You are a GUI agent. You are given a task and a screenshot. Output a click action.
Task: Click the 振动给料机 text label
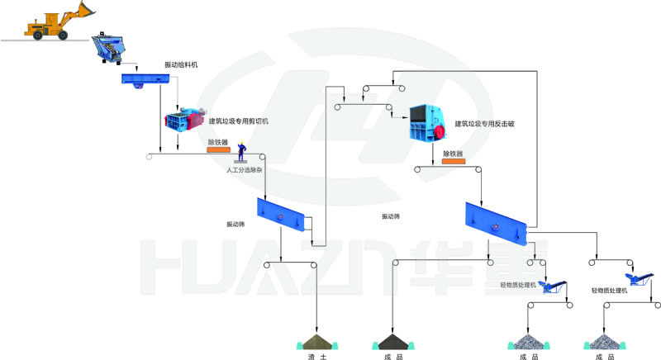181,64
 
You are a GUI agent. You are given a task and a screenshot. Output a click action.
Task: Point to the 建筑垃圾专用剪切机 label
238,121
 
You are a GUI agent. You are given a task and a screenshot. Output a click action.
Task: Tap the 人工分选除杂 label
244,169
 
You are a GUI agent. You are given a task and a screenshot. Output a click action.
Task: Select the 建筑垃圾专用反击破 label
484,124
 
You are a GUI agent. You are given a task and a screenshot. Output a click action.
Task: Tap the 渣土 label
316,356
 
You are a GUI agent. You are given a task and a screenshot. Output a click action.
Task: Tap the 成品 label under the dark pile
393,356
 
